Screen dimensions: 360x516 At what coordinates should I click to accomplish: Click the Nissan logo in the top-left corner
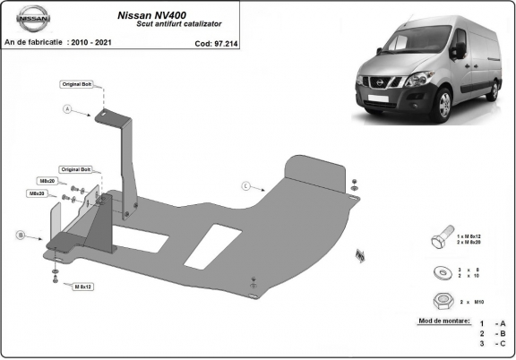(x=24, y=20)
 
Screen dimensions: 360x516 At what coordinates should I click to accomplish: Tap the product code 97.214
(x=227, y=41)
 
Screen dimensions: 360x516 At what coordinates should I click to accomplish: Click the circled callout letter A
(x=67, y=109)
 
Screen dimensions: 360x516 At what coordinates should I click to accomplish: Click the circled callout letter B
(x=20, y=235)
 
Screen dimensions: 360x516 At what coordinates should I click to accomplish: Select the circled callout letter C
(x=245, y=185)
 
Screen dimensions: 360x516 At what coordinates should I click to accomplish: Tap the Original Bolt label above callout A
(x=76, y=84)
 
